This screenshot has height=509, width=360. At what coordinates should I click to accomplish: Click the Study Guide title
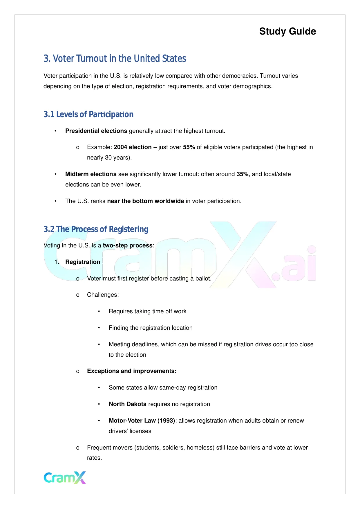(x=287, y=31)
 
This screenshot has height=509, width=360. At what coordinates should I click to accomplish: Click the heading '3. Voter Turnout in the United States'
(x=115, y=59)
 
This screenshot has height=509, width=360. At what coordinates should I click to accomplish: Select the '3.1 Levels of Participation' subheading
(x=88, y=115)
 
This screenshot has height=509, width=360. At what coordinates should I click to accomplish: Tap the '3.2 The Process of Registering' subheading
(x=96, y=229)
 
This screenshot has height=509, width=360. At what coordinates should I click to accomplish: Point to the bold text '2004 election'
(x=133, y=147)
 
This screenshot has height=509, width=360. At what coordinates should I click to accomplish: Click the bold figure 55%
(x=189, y=147)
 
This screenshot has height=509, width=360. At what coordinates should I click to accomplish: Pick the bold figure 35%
(x=243, y=174)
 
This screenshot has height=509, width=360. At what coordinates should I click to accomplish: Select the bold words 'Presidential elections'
(x=96, y=131)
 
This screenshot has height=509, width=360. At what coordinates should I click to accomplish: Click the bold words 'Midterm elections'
(x=91, y=174)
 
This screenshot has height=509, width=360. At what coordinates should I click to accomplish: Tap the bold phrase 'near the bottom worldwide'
(x=145, y=201)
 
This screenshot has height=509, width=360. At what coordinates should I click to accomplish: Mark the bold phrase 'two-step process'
(x=128, y=246)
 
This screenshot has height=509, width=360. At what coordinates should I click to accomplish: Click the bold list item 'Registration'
(x=83, y=262)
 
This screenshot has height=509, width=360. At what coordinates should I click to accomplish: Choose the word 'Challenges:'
(x=103, y=295)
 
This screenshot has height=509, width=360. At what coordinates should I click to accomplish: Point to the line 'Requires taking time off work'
(x=147, y=311)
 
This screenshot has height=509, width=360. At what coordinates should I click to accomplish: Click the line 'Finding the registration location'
(x=151, y=328)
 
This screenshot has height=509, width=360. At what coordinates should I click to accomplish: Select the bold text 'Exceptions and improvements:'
(x=132, y=371)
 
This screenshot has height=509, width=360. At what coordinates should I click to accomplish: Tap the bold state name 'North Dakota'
(x=127, y=404)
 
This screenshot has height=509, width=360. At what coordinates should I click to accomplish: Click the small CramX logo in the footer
(x=65, y=478)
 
